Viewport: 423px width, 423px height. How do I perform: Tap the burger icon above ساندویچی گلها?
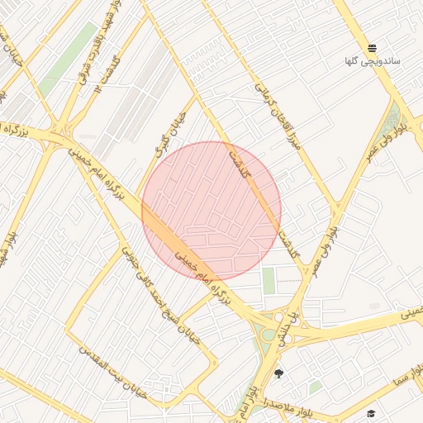pyautogui.click(x=372, y=48)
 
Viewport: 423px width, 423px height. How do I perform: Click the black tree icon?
pyautogui.click(x=278, y=373)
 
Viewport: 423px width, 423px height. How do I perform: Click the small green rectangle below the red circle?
pyautogui.click(x=269, y=281)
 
